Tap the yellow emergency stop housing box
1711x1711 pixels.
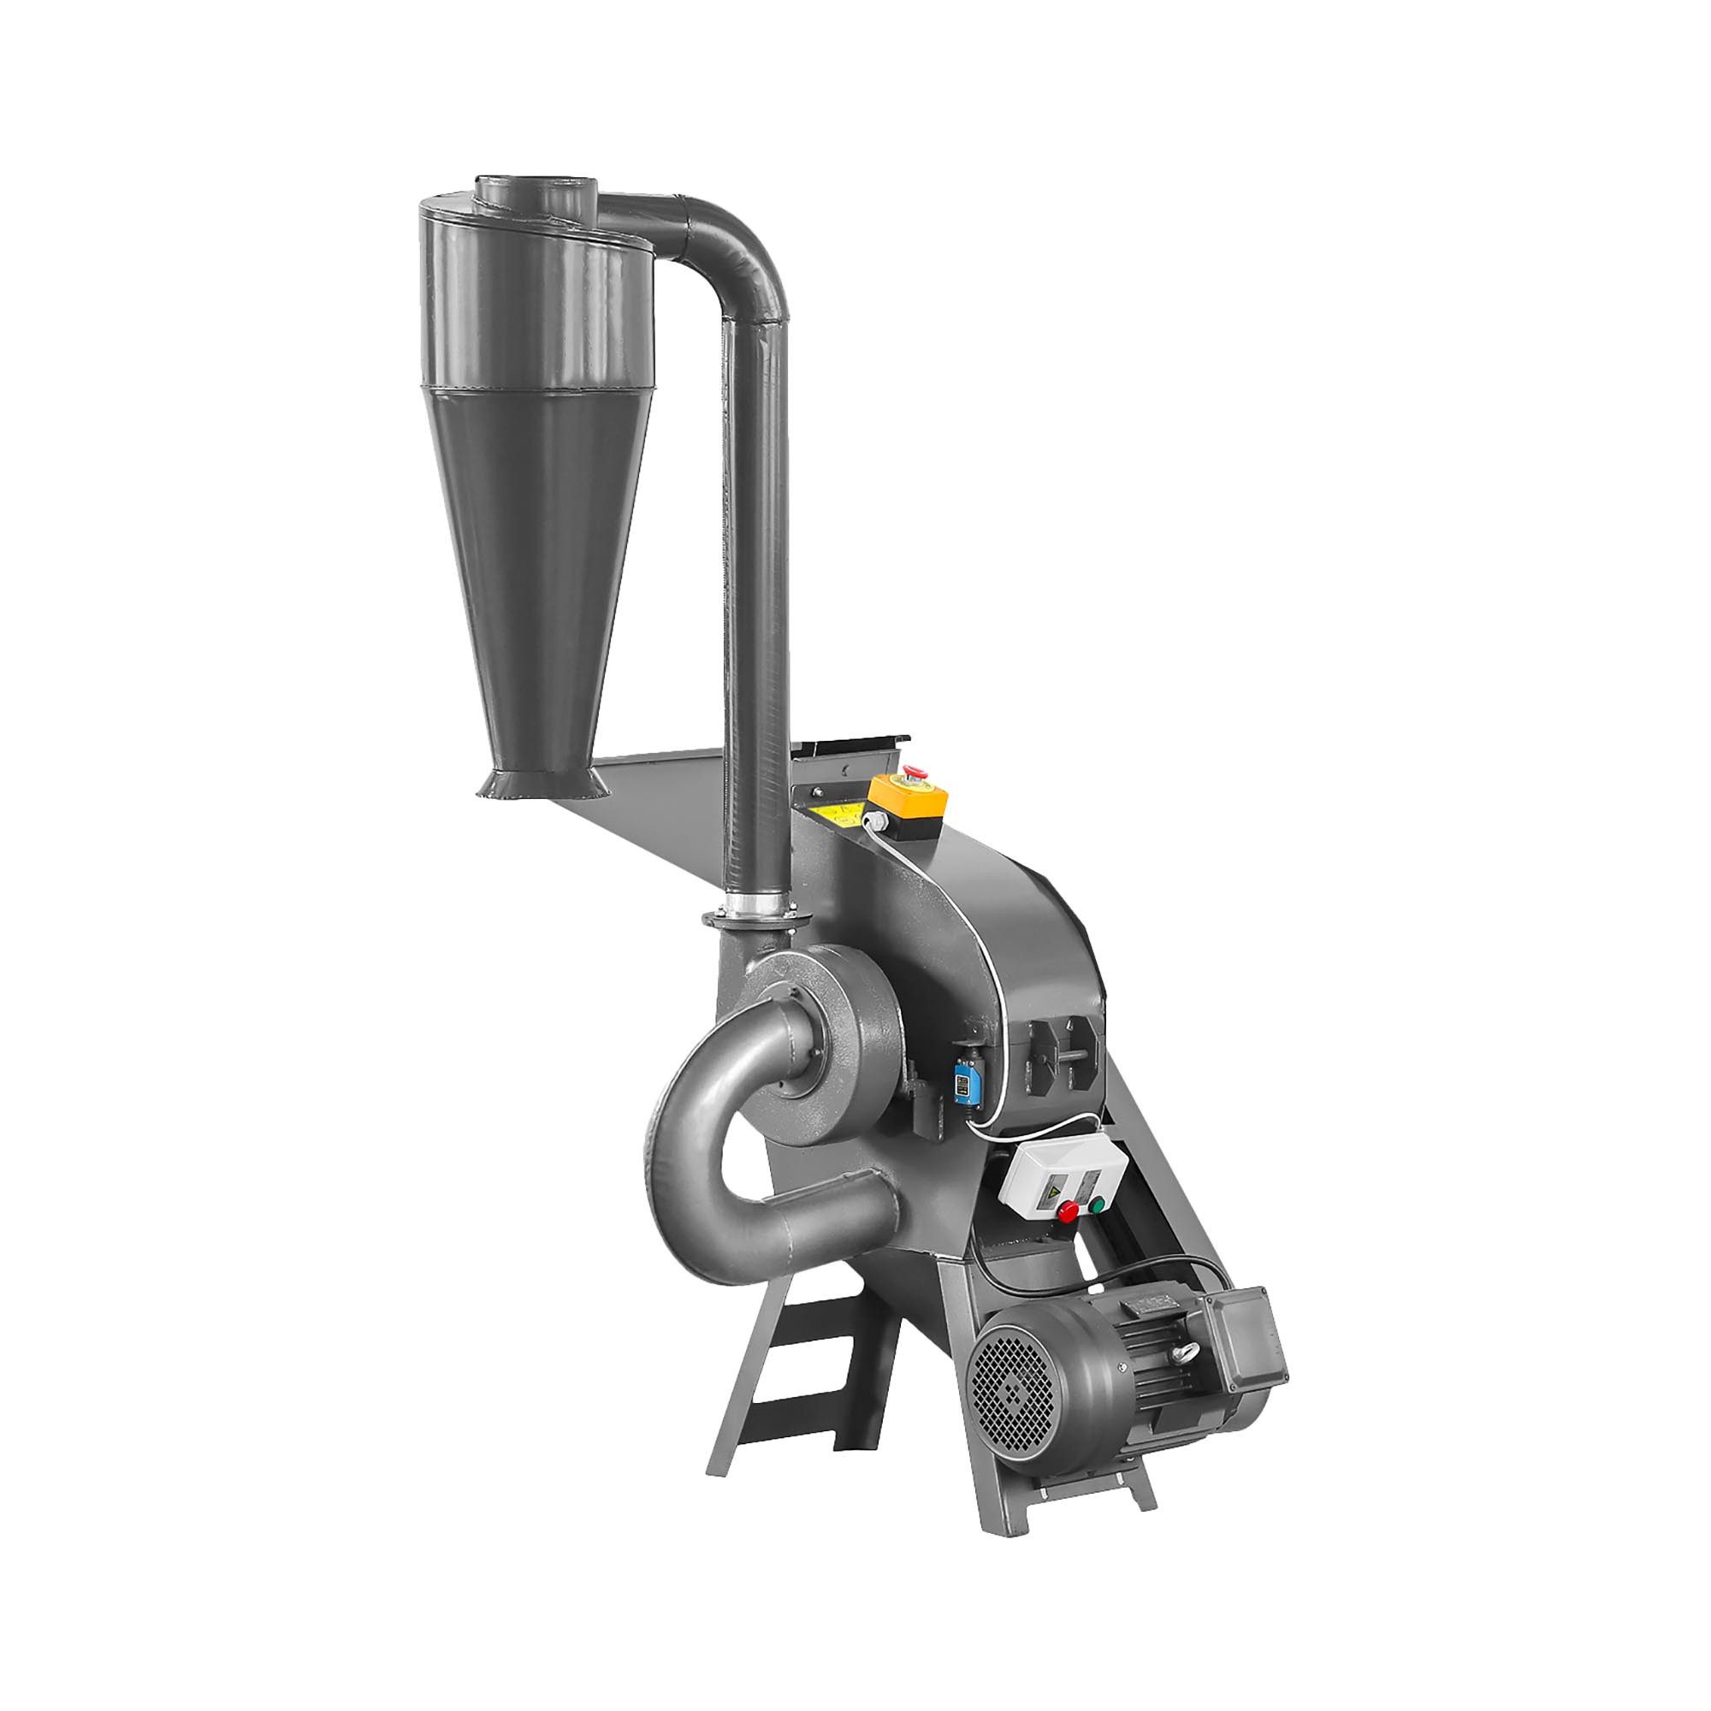(x=909, y=802)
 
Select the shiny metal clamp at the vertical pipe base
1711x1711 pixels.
(x=754, y=904)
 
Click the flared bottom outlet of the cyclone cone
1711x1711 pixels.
(x=543, y=784)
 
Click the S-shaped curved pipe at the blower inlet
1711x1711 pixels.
(x=708, y=1142)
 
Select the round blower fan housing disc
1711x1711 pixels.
(x=810, y=1040)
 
